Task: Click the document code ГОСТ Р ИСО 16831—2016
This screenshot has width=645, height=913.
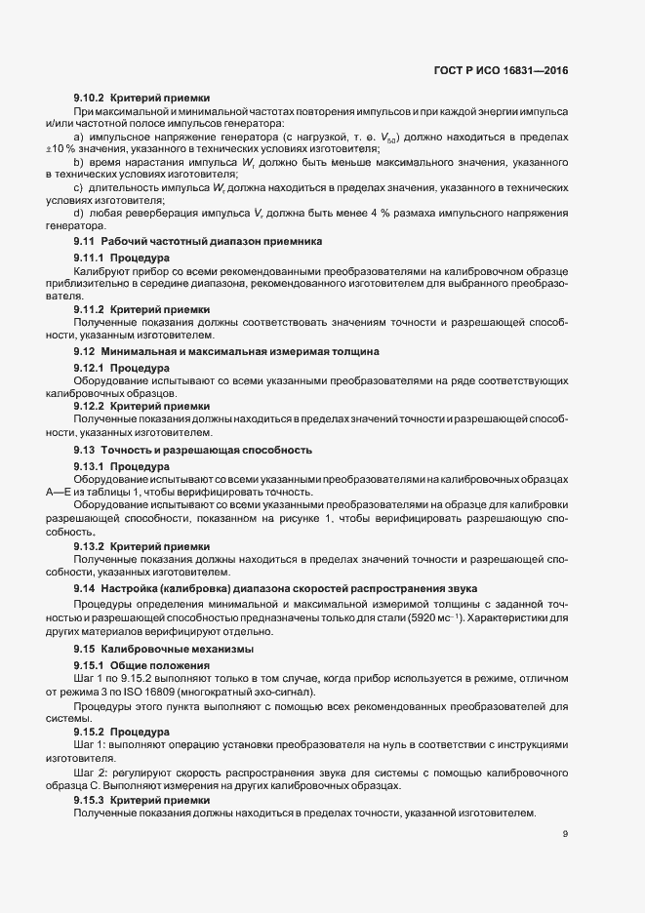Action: (499, 70)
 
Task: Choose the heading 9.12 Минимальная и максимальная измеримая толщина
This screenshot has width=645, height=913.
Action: (226, 350)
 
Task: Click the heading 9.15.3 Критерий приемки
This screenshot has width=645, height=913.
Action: (141, 800)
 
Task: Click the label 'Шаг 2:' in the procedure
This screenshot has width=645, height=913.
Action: (91, 772)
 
